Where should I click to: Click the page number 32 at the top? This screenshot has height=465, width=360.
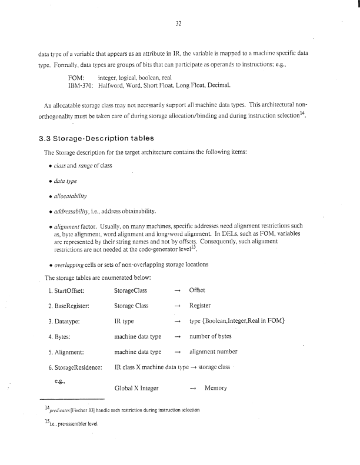pos(180,24)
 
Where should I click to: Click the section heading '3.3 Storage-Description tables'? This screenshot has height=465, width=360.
pos(94,138)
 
